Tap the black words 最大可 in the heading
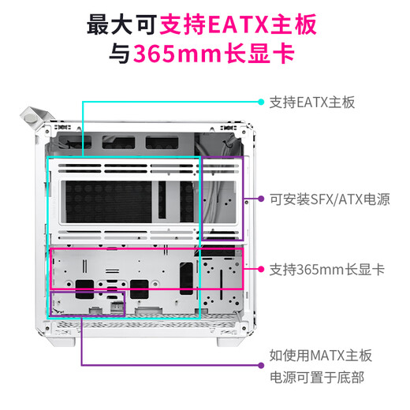tap(120, 25)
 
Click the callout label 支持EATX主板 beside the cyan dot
tap(312, 102)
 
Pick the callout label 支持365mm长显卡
tap(326, 270)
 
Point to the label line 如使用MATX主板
tap(320, 356)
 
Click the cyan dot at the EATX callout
tap(261, 102)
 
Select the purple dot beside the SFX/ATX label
tap(261, 199)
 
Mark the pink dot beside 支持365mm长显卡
tap(261, 270)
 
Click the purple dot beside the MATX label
tap(261, 367)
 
